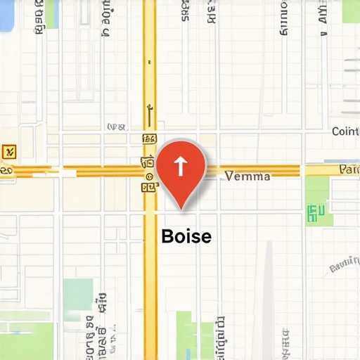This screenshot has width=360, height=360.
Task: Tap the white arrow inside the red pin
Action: click(180, 166)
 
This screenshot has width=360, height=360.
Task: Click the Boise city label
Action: click(186, 236)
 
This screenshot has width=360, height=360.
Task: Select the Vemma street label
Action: click(247, 176)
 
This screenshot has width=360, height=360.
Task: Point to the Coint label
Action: click(345, 131)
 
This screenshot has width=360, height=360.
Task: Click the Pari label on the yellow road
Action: click(349, 169)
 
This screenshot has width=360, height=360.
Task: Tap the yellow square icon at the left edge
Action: click(9, 150)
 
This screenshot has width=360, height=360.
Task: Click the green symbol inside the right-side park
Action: click(316, 210)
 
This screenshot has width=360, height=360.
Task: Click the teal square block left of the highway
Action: click(77, 295)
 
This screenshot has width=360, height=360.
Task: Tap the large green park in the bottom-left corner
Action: click(25, 341)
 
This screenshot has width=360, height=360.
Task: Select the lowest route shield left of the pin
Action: click(148, 188)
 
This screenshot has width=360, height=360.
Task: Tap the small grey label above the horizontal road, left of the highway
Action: click(116, 127)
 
